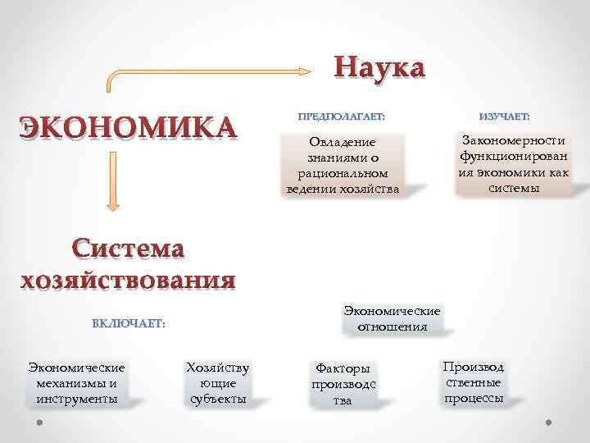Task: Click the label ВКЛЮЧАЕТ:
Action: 129,323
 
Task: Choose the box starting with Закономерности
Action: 514,163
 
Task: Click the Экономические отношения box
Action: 392,319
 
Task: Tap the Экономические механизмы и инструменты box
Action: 76,383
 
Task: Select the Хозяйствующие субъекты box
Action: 218,383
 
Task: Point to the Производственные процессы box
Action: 474,382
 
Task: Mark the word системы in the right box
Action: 514,188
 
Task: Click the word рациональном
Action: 343,174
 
